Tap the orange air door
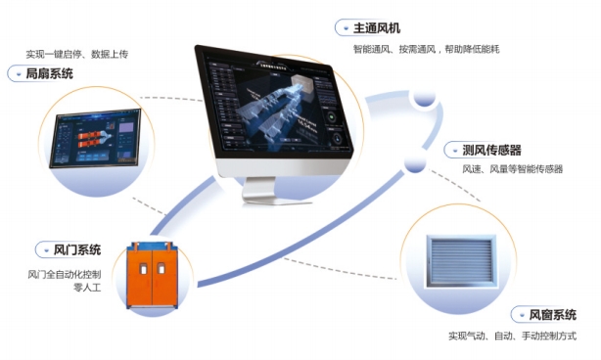click(157, 274)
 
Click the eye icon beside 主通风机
click(344, 27)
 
